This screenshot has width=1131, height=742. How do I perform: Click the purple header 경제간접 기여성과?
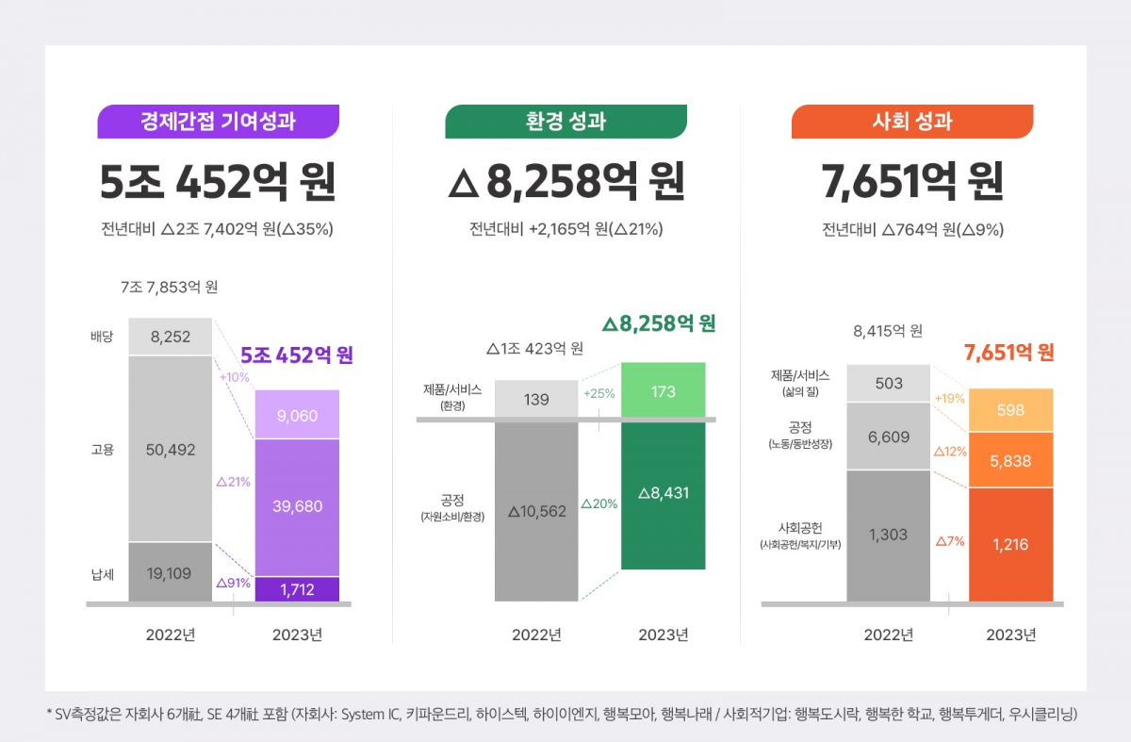(x=218, y=122)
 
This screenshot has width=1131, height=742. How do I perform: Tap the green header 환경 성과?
(x=565, y=122)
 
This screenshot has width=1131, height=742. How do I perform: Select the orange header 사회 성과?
(x=912, y=122)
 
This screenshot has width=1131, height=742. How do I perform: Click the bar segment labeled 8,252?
(x=171, y=337)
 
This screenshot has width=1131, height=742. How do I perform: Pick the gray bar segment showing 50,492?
(x=171, y=450)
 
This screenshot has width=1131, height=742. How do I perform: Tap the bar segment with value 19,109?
(x=171, y=571)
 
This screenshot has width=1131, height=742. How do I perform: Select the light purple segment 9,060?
(x=298, y=414)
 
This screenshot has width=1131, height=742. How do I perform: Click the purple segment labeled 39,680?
(x=298, y=506)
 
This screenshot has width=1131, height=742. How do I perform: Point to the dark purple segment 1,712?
(x=298, y=589)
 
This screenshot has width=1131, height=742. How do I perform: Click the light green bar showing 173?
(x=663, y=391)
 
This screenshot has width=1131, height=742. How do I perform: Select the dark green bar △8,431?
(x=663, y=494)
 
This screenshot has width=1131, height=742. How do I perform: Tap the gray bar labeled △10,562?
(x=536, y=511)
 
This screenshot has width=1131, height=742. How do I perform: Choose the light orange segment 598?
(x=1011, y=410)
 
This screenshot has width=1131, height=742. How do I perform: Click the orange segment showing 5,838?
(x=1011, y=460)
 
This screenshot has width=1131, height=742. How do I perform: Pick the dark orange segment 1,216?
(x=1011, y=544)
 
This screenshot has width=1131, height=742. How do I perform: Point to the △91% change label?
(x=233, y=583)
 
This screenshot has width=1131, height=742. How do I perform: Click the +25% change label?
(x=598, y=393)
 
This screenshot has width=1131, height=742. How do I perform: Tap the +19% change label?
(x=949, y=398)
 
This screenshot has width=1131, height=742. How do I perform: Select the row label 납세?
(x=102, y=571)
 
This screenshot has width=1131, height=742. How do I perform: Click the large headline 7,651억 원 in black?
(x=912, y=182)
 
